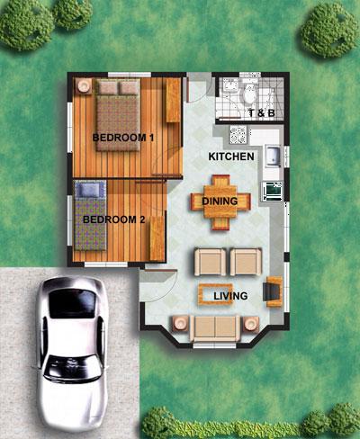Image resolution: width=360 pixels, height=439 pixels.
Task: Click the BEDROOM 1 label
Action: (x=123, y=138)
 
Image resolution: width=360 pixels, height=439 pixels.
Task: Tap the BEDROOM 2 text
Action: (x=114, y=219)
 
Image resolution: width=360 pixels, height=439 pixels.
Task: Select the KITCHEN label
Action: (x=231, y=157)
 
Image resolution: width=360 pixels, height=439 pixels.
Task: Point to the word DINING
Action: (x=220, y=201)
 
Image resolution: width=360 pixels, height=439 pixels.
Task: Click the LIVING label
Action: (x=230, y=296)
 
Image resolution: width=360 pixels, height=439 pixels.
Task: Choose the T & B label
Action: (x=262, y=113)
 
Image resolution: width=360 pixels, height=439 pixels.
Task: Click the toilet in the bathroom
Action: (x=249, y=93)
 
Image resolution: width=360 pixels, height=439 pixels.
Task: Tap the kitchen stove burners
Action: (x=238, y=134)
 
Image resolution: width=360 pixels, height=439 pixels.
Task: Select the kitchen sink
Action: (x=273, y=156)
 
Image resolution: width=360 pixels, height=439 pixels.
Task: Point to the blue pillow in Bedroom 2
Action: (x=90, y=190)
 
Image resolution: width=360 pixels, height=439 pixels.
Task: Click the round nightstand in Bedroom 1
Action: (x=84, y=86)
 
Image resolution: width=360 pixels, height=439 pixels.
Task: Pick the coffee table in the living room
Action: (x=216, y=294)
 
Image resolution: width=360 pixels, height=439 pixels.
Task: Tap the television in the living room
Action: (x=273, y=291)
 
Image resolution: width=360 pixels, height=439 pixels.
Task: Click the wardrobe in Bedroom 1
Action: (x=173, y=100)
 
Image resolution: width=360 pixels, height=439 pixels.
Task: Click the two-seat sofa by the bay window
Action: (x=215, y=328)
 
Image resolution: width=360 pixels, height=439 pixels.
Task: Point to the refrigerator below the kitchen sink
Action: (x=273, y=192)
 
